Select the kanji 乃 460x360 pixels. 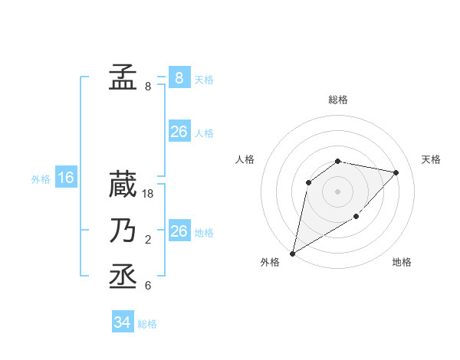[x=123, y=231]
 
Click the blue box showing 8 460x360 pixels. [x=179, y=77]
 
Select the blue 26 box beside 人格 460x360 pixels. [x=179, y=132]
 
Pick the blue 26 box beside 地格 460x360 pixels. [x=179, y=231]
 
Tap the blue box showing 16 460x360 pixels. [x=66, y=178]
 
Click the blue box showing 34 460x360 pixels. [x=122, y=322]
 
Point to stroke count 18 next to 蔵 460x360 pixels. [x=149, y=195]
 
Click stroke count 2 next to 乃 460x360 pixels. [x=147, y=241]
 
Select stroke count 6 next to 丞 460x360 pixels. [x=147, y=286]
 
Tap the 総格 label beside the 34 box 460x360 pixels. [x=147, y=324]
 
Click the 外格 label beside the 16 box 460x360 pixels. [x=41, y=179]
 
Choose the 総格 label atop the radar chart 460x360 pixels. [x=338, y=100]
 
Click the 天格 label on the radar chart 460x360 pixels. [x=432, y=159]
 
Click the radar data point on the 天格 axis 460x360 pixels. [x=396, y=172]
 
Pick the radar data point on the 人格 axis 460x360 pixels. [x=309, y=182]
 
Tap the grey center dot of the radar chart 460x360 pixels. [x=337, y=191]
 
